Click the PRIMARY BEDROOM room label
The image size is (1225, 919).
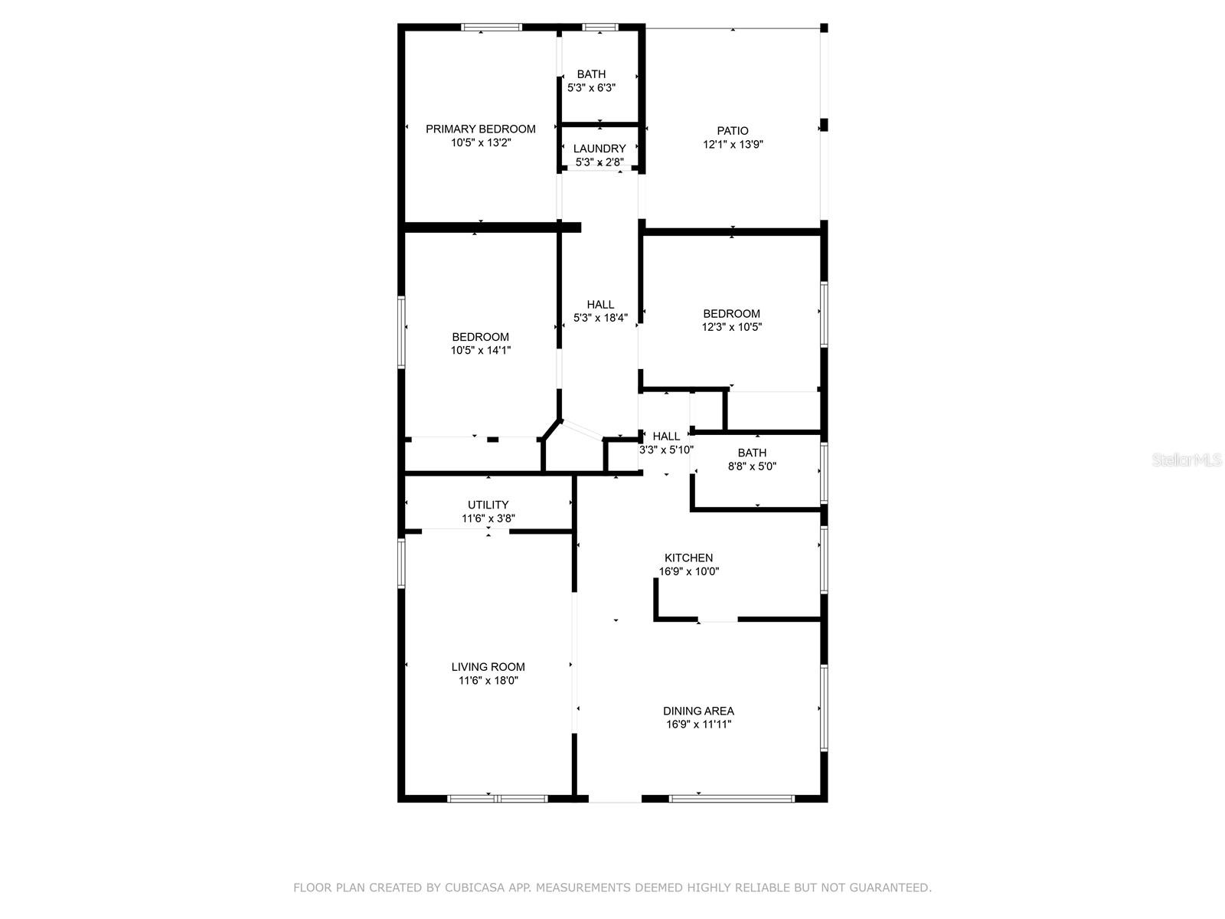[x=481, y=129]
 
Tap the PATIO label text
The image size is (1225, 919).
[x=732, y=130]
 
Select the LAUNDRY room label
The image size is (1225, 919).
[x=599, y=149]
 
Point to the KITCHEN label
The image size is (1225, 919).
[x=688, y=558]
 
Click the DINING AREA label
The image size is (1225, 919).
[x=698, y=711]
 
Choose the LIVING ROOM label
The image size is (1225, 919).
[x=488, y=667]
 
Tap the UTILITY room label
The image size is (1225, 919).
[x=488, y=505]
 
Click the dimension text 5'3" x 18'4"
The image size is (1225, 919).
[x=600, y=318]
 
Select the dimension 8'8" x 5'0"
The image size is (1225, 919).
[x=752, y=466]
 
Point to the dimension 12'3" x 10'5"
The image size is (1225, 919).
[x=731, y=327]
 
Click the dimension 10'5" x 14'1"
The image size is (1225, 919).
[x=481, y=351]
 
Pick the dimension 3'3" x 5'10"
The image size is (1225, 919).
[x=666, y=450]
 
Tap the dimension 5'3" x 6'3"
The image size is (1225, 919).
[x=591, y=87]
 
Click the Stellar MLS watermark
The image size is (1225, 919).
[x=1187, y=459]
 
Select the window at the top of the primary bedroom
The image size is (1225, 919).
[x=492, y=27]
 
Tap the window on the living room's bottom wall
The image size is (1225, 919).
[x=498, y=799]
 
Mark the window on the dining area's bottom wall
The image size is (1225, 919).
[x=732, y=799]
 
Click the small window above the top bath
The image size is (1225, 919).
[x=600, y=27]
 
